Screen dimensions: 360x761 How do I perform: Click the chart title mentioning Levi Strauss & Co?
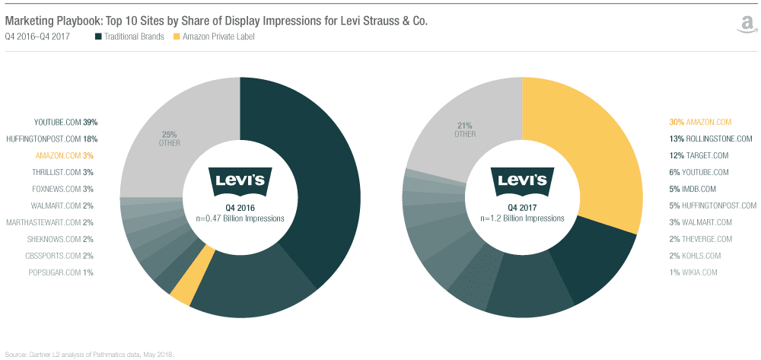[x=216, y=21]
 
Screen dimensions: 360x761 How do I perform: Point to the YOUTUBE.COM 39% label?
[x=66, y=122]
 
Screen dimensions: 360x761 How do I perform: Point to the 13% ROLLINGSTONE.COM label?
[x=708, y=139]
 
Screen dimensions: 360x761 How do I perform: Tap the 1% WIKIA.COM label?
[x=693, y=272]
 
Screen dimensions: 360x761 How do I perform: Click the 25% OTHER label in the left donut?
[x=169, y=139]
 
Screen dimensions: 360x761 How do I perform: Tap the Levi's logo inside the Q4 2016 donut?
[x=240, y=180]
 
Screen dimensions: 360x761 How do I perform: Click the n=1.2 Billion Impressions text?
[x=522, y=218]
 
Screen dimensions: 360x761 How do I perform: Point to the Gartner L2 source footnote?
[x=90, y=354]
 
